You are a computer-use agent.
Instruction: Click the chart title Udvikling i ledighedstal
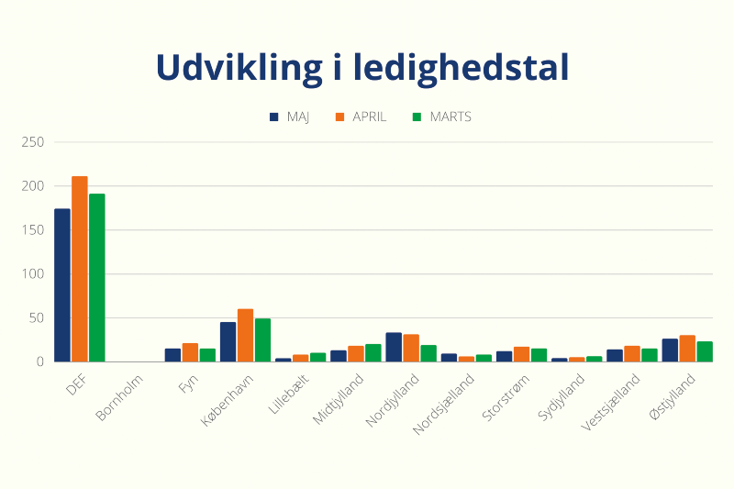[362, 68]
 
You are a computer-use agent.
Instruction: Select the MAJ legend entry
[291, 117]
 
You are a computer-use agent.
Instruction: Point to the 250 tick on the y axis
[33, 142]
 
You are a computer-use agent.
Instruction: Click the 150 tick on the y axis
[33, 230]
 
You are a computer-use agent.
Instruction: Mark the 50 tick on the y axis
[36, 318]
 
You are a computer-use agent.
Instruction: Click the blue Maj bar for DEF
[62, 285]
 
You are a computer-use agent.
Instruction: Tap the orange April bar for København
[245, 336]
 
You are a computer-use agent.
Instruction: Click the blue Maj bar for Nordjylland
[394, 347]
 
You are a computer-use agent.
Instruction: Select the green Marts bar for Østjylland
[705, 351]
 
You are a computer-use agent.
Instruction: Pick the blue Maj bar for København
[228, 342]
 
